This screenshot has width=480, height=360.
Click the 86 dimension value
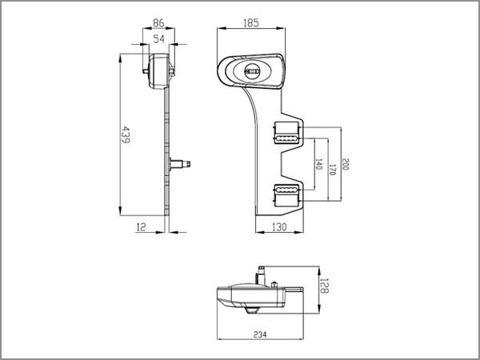[x=158, y=23]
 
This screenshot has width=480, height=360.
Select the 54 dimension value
[x=158, y=39]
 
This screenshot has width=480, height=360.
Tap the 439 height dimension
[x=126, y=134]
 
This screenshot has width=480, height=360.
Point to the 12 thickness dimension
[x=141, y=227]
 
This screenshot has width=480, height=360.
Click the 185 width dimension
[x=251, y=23]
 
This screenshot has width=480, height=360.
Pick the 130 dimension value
[x=279, y=227]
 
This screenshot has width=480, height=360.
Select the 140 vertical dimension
[x=318, y=164]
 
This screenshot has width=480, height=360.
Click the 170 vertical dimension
[x=332, y=170]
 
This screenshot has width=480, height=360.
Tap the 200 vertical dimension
[x=346, y=164]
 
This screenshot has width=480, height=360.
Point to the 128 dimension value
[x=325, y=286]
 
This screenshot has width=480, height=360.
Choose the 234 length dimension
[x=260, y=334]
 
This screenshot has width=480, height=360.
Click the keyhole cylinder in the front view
[x=252, y=71]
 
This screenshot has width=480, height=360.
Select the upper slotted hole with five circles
[x=286, y=138]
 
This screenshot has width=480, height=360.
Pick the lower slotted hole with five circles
[x=286, y=190]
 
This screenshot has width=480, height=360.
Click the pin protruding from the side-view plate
[x=180, y=164]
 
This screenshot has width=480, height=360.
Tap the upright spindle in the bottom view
[x=261, y=275]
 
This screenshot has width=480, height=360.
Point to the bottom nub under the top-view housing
[x=251, y=310]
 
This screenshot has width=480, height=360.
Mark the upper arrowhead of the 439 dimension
[x=120, y=58]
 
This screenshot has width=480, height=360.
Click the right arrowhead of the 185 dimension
[x=281, y=28]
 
